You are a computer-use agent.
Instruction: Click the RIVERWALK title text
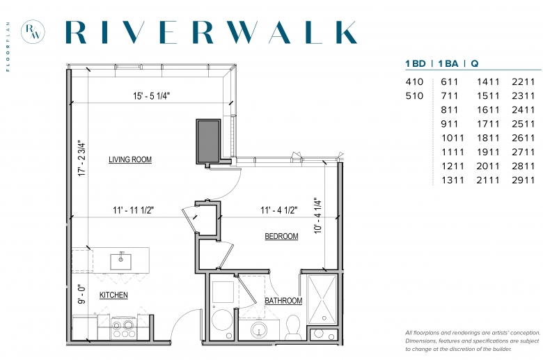coord(211,32)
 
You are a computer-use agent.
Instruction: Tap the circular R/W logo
coord(33,31)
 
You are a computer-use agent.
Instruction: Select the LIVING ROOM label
coord(130,159)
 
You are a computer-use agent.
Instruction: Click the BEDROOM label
coord(281,236)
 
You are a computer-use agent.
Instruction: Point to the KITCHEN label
coord(113,295)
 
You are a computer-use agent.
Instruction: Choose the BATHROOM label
coord(283,301)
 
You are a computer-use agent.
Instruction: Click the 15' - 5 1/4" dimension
coord(151,96)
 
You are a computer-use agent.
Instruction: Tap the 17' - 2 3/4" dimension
coord(81,158)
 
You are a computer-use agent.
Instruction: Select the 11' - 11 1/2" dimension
coord(134,210)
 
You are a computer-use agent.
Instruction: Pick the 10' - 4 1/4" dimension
coord(318,216)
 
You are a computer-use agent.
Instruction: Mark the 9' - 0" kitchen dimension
coord(81,295)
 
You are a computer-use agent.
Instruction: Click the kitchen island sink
coord(121,261)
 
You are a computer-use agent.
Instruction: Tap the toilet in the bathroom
coord(294,327)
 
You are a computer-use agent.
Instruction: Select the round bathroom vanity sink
coord(258,330)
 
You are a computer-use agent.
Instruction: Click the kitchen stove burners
coord(123,329)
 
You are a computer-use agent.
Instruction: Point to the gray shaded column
coord(208,141)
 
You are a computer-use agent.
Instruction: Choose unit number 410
coord(414,81)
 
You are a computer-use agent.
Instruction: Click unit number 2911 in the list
coord(524,180)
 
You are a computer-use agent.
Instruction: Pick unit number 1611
coord(488,110)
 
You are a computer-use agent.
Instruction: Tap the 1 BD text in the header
coord(416,63)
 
